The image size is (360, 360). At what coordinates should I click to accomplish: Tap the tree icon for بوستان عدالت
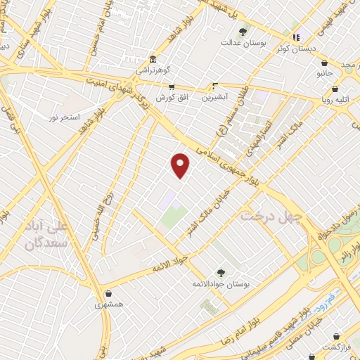[x=244, y=32]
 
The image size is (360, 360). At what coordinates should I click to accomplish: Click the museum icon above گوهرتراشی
[x=152, y=59]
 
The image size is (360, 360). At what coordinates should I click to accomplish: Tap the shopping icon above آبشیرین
[x=215, y=87]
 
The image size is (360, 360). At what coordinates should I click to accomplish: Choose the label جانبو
[x=325, y=72]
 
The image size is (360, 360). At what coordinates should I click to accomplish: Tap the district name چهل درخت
[x=271, y=216]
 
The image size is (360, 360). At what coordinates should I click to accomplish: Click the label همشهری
[x=109, y=305]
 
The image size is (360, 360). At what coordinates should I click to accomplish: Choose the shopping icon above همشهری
[x=108, y=293]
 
